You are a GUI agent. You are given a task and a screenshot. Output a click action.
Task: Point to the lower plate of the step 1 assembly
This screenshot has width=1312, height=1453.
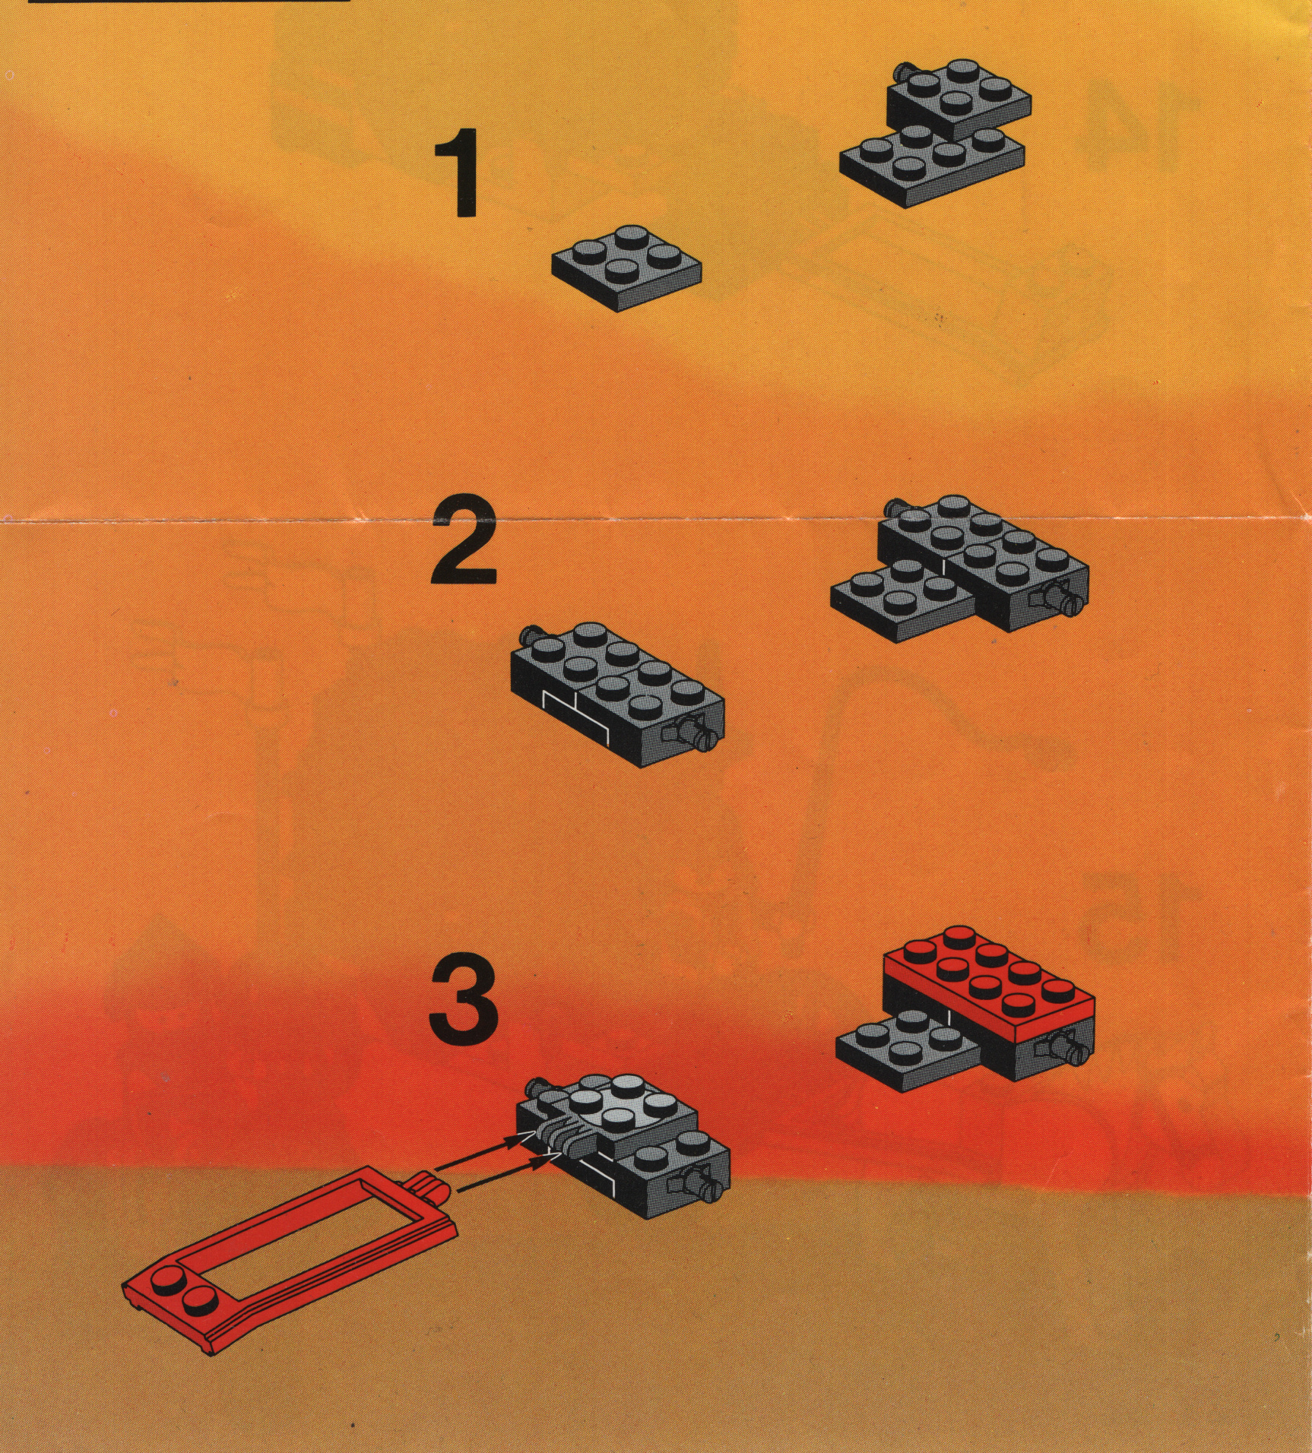(x=932, y=166)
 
